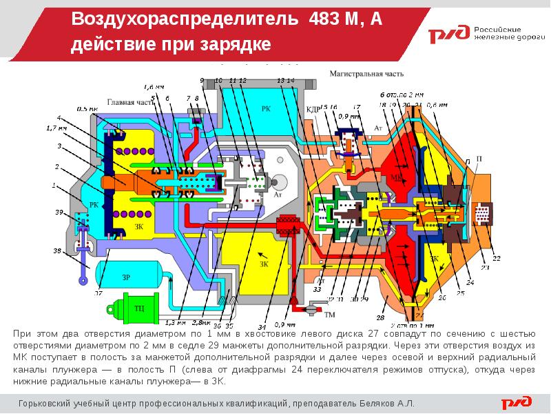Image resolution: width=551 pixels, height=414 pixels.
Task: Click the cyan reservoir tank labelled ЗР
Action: pos(126,276)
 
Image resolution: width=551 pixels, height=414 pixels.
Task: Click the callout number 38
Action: pos(57,250)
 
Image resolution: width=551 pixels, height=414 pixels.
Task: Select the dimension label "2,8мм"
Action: pos(201,322)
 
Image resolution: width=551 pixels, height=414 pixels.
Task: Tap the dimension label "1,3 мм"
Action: pos(176,322)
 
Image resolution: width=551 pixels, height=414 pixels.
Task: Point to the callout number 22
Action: pos(496,258)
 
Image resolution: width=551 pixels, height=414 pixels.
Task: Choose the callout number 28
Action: pos(379,317)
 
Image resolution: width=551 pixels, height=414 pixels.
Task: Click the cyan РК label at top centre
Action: pos(266,109)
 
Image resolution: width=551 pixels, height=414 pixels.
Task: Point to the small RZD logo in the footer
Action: pos(517,402)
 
